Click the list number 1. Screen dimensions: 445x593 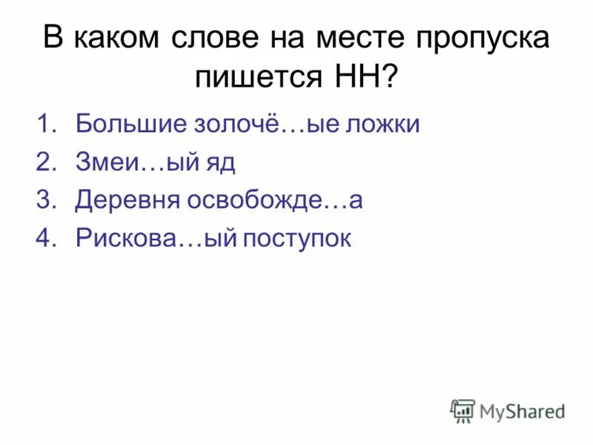tap(46, 124)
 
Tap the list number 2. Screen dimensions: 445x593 tap(46, 162)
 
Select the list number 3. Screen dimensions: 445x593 tap(46, 200)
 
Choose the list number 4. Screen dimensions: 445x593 tap(46, 238)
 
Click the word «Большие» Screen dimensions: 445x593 tap(130, 124)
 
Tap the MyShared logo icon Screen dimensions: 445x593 tap(463, 410)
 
